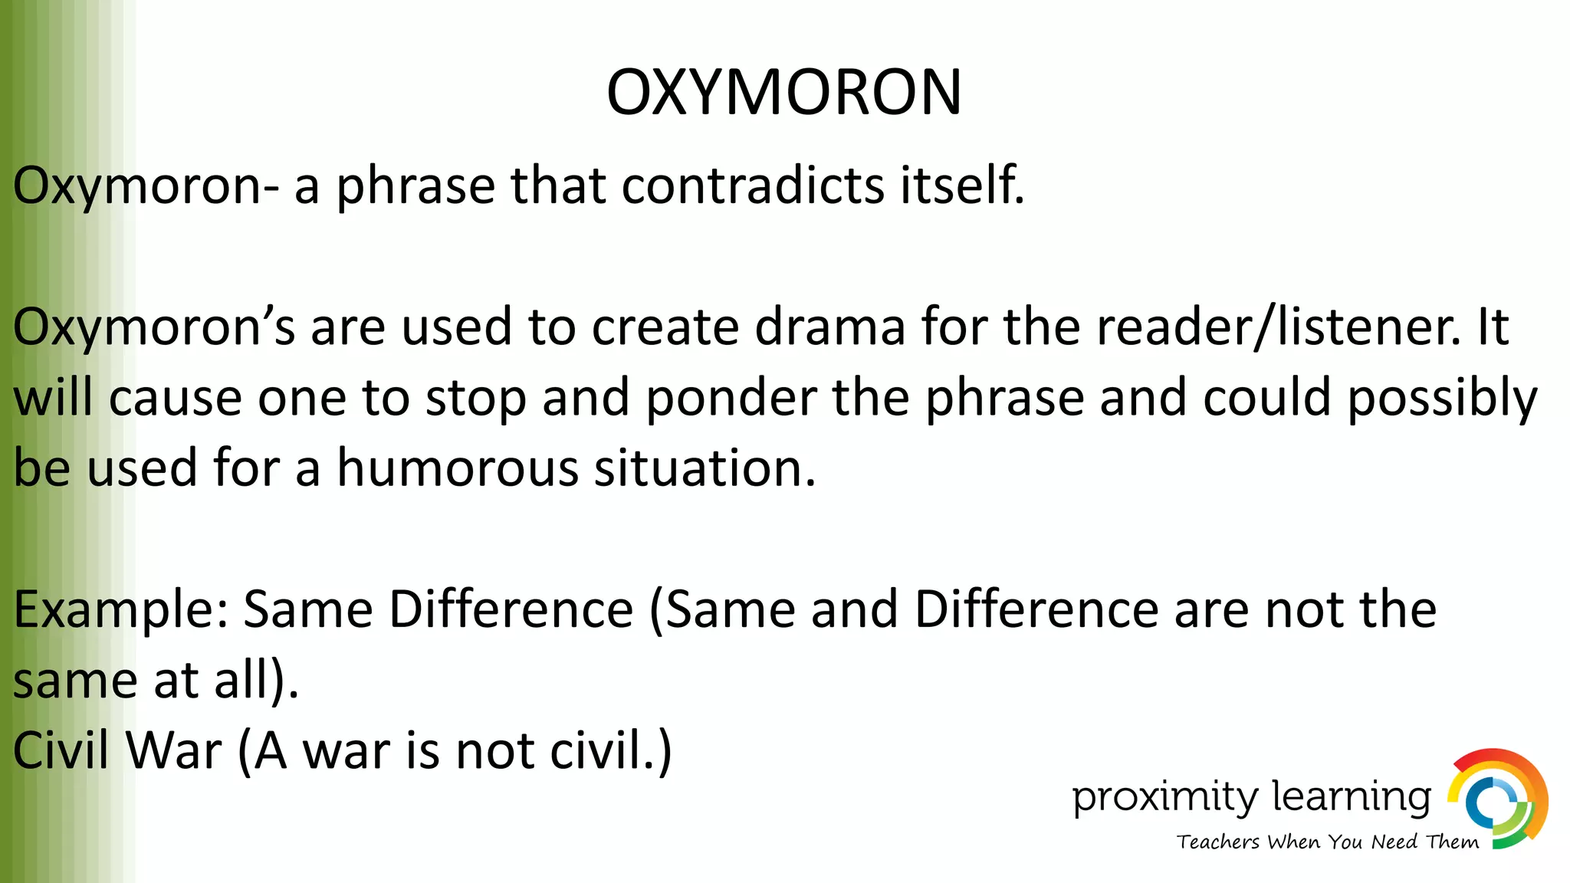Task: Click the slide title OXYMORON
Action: click(x=783, y=92)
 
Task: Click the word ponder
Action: click(x=731, y=399)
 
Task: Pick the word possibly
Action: click(x=1442, y=399)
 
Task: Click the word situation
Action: click(x=705, y=468)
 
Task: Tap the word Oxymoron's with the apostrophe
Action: click(x=153, y=327)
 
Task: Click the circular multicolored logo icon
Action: click(x=1497, y=799)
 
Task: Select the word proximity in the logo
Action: click(x=1164, y=797)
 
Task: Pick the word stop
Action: click(x=475, y=399)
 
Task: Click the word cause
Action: click(x=176, y=399)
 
